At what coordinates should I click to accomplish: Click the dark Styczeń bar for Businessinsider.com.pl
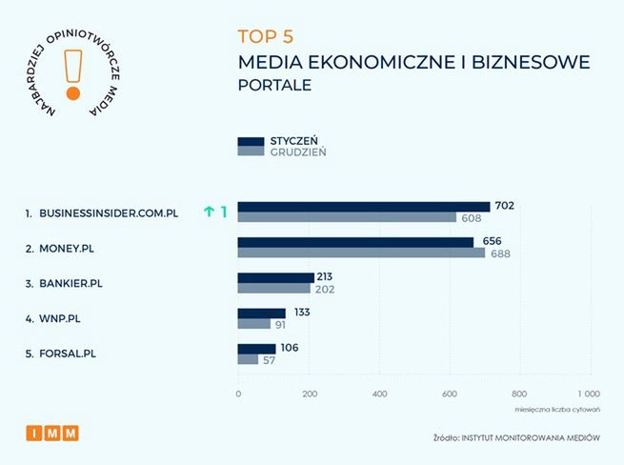tap(363, 207)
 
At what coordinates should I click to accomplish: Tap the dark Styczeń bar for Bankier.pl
tap(275, 277)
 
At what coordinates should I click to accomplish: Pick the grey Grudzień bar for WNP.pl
tap(253, 324)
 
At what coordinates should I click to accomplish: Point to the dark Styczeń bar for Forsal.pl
tap(256, 349)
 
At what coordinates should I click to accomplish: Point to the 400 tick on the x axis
tap(378, 394)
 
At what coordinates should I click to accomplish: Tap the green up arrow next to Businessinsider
tap(209, 212)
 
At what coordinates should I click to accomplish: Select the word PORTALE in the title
tap(274, 86)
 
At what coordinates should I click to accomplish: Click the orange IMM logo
tap(52, 434)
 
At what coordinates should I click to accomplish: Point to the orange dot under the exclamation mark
tap(70, 94)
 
